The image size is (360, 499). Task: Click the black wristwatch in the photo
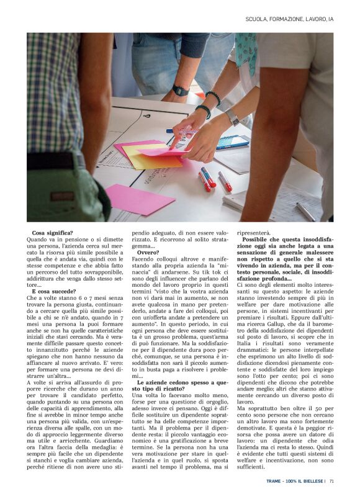point(181,91)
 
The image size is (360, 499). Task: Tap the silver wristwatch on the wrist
point(233,117)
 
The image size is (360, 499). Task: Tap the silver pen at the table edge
point(305,212)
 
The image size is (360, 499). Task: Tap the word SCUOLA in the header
point(256,19)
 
